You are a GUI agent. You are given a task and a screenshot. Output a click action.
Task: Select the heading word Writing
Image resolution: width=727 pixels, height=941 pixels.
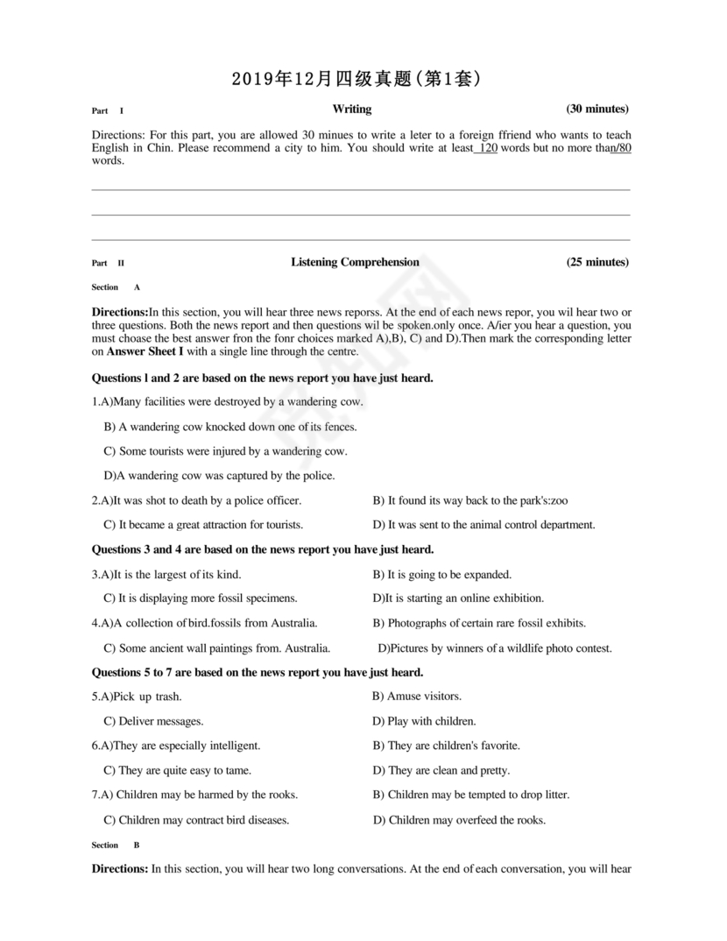pyautogui.click(x=351, y=110)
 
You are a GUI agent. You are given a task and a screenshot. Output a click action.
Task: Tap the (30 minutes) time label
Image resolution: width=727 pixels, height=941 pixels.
pyautogui.click(x=597, y=110)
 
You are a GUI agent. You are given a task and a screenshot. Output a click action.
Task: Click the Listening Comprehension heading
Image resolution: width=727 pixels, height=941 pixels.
pyautogui.click(x=355, y=262)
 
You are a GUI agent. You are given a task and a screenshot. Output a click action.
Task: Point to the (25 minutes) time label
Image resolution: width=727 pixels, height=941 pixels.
pyautogui.click(x=597, y=262)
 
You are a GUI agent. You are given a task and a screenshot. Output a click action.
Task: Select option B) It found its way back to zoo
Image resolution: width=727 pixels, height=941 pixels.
pyautogui.click(x=470, y=500)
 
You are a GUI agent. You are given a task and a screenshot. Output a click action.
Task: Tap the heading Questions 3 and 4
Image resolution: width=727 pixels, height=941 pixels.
pyautogui.click(x=263, y=549)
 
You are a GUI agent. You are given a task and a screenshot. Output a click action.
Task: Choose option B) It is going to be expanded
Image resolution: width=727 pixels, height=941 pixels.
pyautogui.click(x=442, y=575)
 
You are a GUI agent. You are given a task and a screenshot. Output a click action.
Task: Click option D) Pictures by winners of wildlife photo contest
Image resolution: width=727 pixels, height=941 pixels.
pyautogui.click(x=495, y=648)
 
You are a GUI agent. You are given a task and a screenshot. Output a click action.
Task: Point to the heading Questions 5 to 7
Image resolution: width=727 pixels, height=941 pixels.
pyautogui.click(x=258, y=672)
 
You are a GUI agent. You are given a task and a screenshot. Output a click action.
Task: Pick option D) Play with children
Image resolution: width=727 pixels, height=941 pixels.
pyautogui.click(x=425, y=721)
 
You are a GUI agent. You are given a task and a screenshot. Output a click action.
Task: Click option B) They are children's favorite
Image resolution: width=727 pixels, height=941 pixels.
pyautogui.click(x=447, y=746)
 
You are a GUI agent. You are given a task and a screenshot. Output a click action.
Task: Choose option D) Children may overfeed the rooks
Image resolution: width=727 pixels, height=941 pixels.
pyautogui.click(x=460, y=820)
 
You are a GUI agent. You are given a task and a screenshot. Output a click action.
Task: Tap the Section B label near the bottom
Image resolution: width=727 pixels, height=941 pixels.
pyautogui.click(x=116, y=845)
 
